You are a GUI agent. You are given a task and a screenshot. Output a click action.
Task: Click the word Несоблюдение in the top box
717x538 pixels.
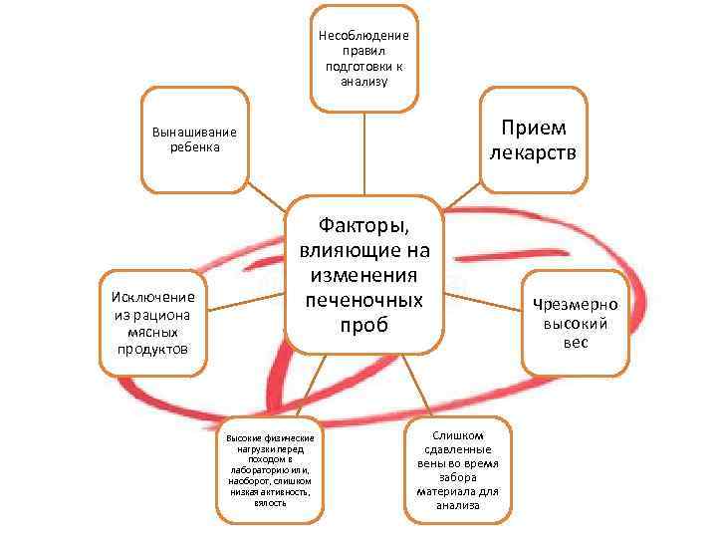[363, 36]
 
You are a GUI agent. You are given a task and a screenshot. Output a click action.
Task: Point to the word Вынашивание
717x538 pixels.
[194, 133]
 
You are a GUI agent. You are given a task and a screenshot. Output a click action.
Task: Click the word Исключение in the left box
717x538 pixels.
[154, 297]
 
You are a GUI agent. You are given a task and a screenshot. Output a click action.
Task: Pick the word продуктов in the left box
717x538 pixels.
[154, 348]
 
